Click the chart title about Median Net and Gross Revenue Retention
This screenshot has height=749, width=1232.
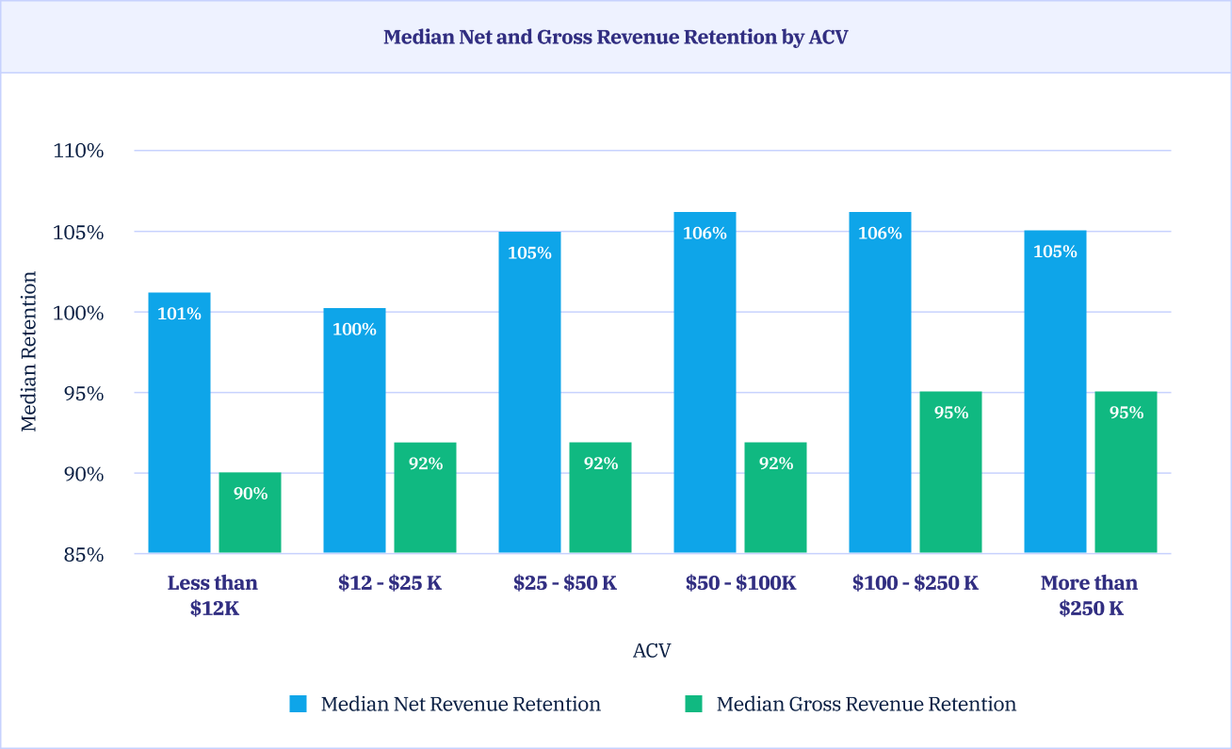coord(616,38)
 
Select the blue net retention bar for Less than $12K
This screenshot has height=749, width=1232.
coord(179,424)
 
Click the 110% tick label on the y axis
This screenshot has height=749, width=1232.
coord(78,151)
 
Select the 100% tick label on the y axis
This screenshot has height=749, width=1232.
coord(78,313)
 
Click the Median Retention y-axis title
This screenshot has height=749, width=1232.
coord(29,351)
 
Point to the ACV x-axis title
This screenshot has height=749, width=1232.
coord(652,651)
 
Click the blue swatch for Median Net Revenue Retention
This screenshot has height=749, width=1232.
coord(299,704)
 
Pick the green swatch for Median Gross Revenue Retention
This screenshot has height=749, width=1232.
coord(694,704)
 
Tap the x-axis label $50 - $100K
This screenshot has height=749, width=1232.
coord(740,583)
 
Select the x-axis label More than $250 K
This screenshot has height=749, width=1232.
coord(1090,595)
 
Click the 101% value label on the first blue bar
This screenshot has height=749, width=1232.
coord(179,314)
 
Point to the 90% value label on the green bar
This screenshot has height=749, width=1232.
coord(251,493)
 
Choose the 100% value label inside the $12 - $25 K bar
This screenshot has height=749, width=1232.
coord(354,330)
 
